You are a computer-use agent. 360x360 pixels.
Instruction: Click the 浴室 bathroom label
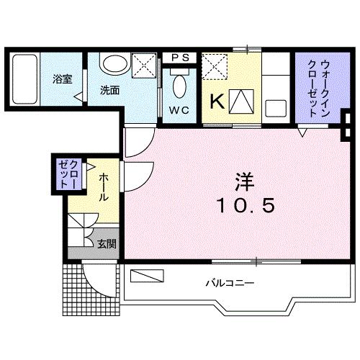[62, 79]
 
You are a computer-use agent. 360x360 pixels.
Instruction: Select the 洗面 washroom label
[109, 90]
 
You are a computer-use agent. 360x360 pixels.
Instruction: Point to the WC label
[180, 109]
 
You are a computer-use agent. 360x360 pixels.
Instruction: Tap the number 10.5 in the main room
[245, 206]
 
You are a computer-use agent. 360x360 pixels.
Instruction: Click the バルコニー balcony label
[230, 283]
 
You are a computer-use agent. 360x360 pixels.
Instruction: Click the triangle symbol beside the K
[241, 102]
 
